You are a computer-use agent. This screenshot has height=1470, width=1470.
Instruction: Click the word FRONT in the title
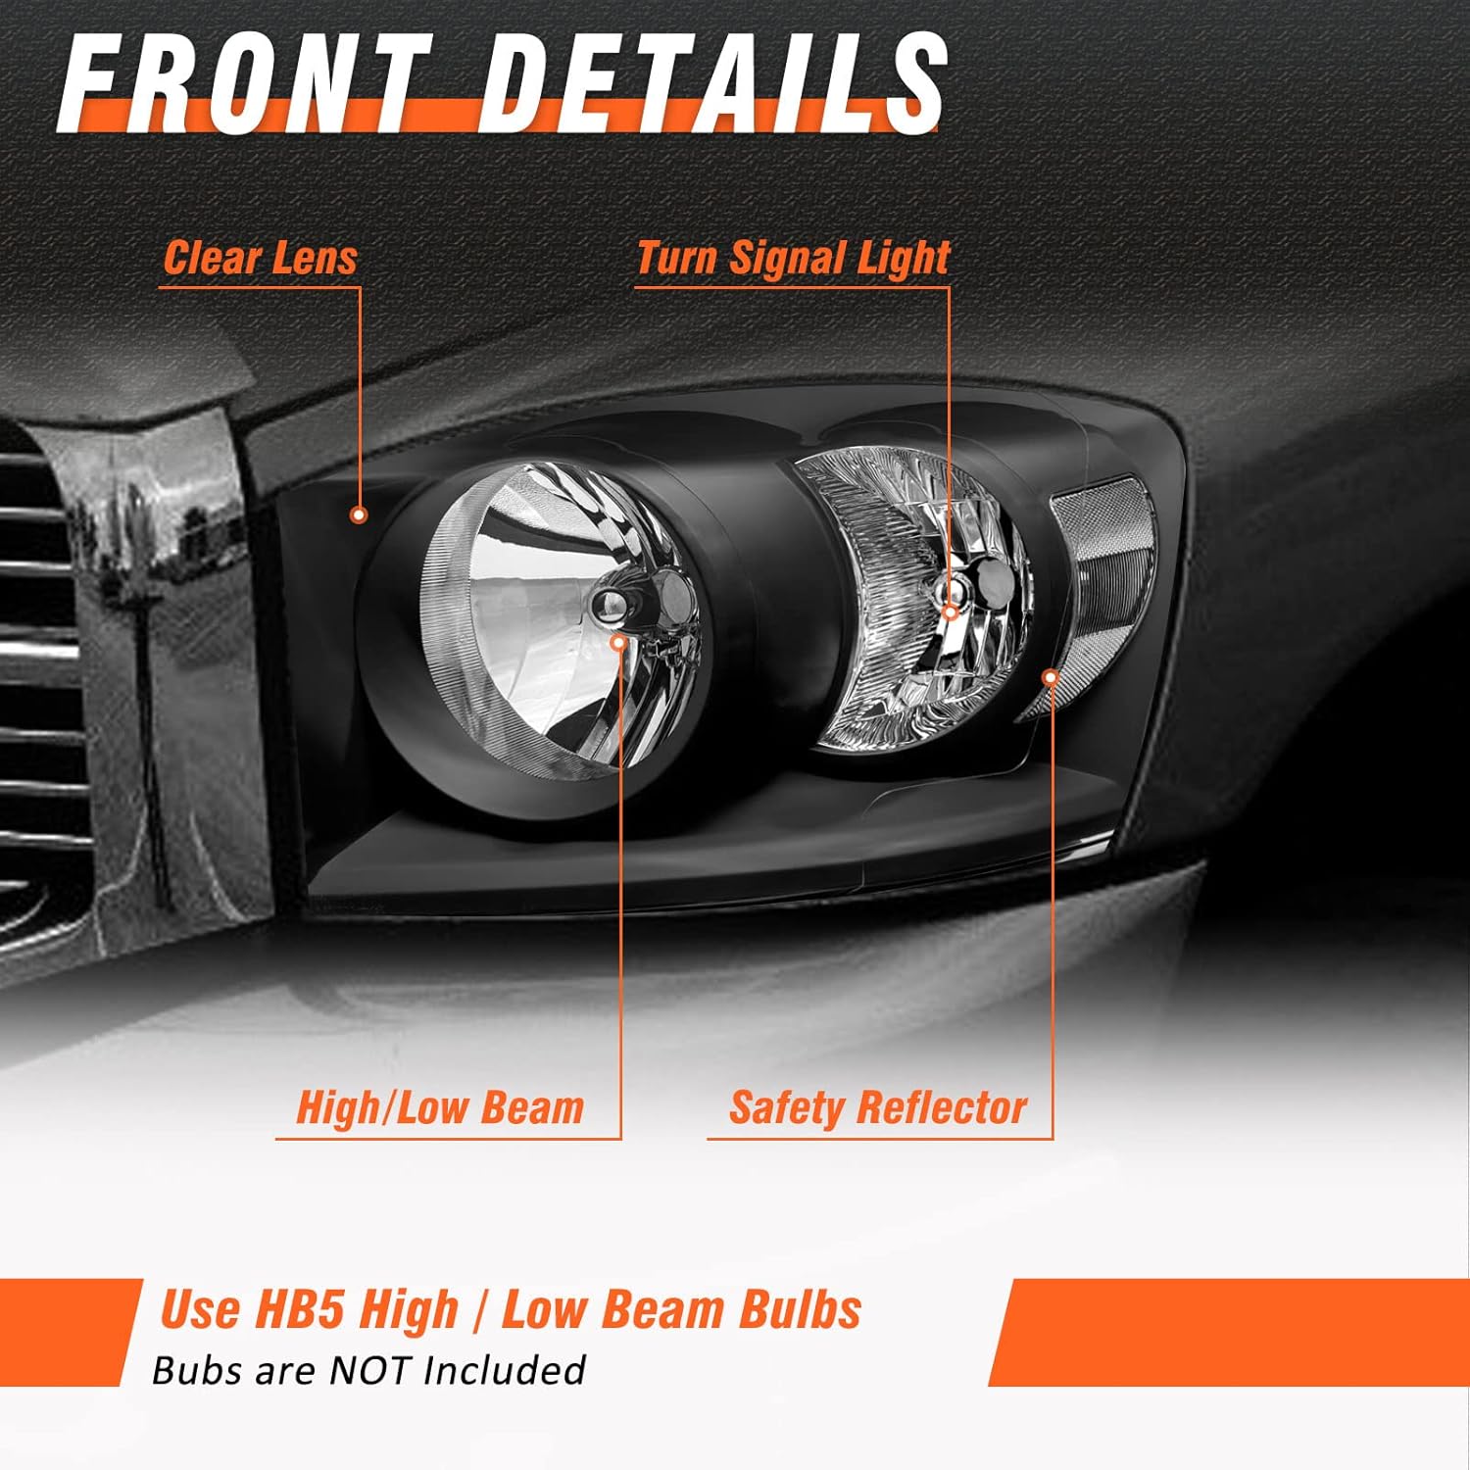pos(245,83)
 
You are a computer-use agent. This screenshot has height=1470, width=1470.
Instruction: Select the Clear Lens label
pos(260,259)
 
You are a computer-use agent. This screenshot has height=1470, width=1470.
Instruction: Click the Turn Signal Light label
pos(793,259)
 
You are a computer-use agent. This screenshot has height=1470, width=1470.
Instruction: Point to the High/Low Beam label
pos(440,1108)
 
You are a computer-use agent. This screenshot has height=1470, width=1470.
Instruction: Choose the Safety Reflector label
pos(878,1108)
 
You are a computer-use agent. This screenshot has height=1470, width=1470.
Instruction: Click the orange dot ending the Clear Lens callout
pos(359,514)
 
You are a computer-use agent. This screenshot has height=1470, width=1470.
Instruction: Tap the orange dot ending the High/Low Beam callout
pos(618,642)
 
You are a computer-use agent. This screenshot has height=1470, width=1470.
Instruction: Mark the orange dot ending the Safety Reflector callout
pos(1051,677)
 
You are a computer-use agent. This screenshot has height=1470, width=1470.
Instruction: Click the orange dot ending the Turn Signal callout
pos(949,613)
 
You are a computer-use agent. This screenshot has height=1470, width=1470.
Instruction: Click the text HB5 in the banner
pos(298,1309)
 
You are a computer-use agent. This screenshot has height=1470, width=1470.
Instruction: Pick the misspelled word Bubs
pos(196,1370)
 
